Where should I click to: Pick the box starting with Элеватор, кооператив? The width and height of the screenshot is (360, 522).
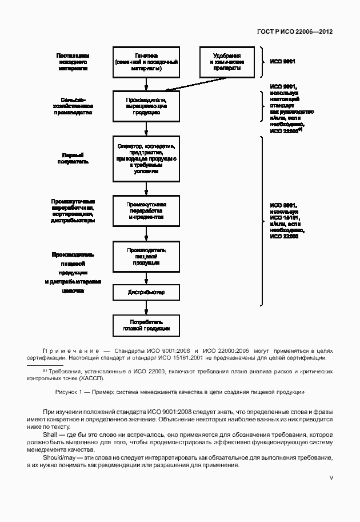pos(147,155)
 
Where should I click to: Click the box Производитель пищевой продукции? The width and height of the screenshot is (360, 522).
pos(147,256)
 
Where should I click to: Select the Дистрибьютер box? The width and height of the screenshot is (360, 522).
pos(147,292)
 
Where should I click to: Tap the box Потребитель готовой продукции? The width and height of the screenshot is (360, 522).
pos(147,325)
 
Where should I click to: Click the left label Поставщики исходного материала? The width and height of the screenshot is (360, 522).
pos(73,61)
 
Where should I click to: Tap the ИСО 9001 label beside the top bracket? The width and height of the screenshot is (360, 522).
pos(282,61)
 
